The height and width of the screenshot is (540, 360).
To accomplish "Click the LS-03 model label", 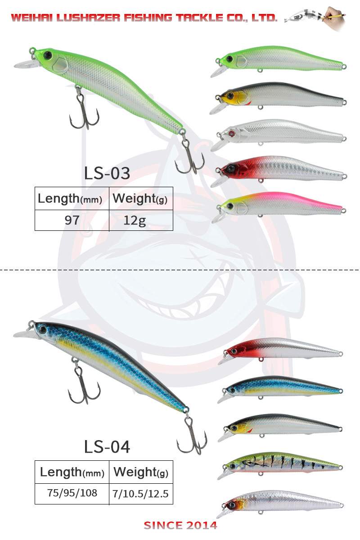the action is [107, 173].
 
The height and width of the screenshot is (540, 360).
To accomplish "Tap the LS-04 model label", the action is [107, 446].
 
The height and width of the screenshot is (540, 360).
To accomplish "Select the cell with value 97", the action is [72, 220].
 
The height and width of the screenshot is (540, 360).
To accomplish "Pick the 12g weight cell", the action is [141, 220].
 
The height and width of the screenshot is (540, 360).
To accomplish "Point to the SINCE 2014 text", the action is [180, 526].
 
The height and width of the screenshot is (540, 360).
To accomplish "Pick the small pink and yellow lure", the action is [281, 203].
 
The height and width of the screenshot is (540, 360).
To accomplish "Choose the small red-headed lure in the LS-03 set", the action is [281, 169].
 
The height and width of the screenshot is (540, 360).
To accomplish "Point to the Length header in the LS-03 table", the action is [70, 198].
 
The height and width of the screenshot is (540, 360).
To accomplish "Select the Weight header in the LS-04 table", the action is [141, 472].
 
